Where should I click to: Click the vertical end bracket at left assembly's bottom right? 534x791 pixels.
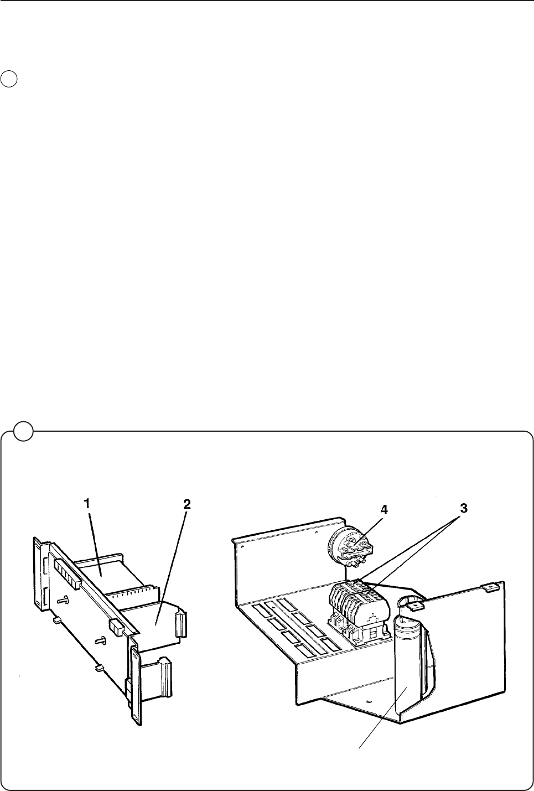135,686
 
